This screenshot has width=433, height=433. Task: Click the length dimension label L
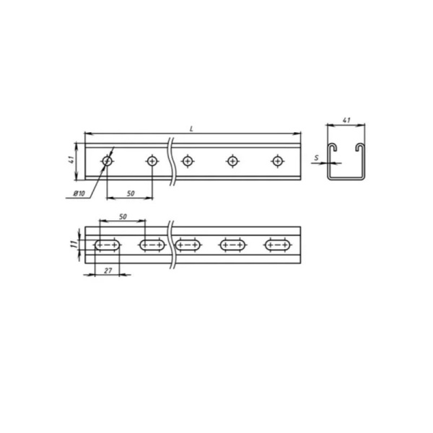click(191, 129)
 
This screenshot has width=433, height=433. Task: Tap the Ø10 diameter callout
click(79, 193)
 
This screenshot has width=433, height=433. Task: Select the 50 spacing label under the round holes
click(131, 193)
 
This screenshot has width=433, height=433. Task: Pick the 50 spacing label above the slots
click(123, 216)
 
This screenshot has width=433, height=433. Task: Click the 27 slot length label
click(108, 271)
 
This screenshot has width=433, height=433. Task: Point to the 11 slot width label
click(74, 244)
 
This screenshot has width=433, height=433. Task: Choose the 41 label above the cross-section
click(346, 121)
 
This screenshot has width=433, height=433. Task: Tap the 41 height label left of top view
click(71, 160)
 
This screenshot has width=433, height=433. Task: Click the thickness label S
click(317, 158)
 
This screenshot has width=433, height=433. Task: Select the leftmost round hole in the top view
click(107, 161)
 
